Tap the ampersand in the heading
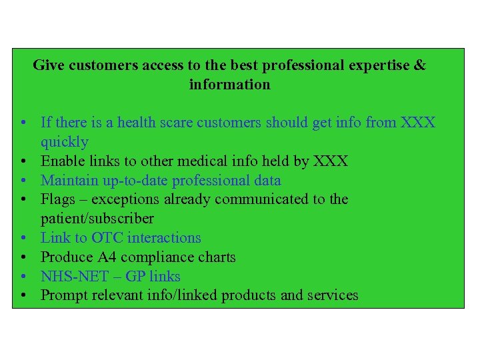point(420,65)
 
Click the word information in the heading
point(230,85)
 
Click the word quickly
point(65,142)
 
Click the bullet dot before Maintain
point(23,181)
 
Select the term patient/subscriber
point(97,219)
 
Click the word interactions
point(164,238)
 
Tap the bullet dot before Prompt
point(23,295)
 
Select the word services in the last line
point(331,295)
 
